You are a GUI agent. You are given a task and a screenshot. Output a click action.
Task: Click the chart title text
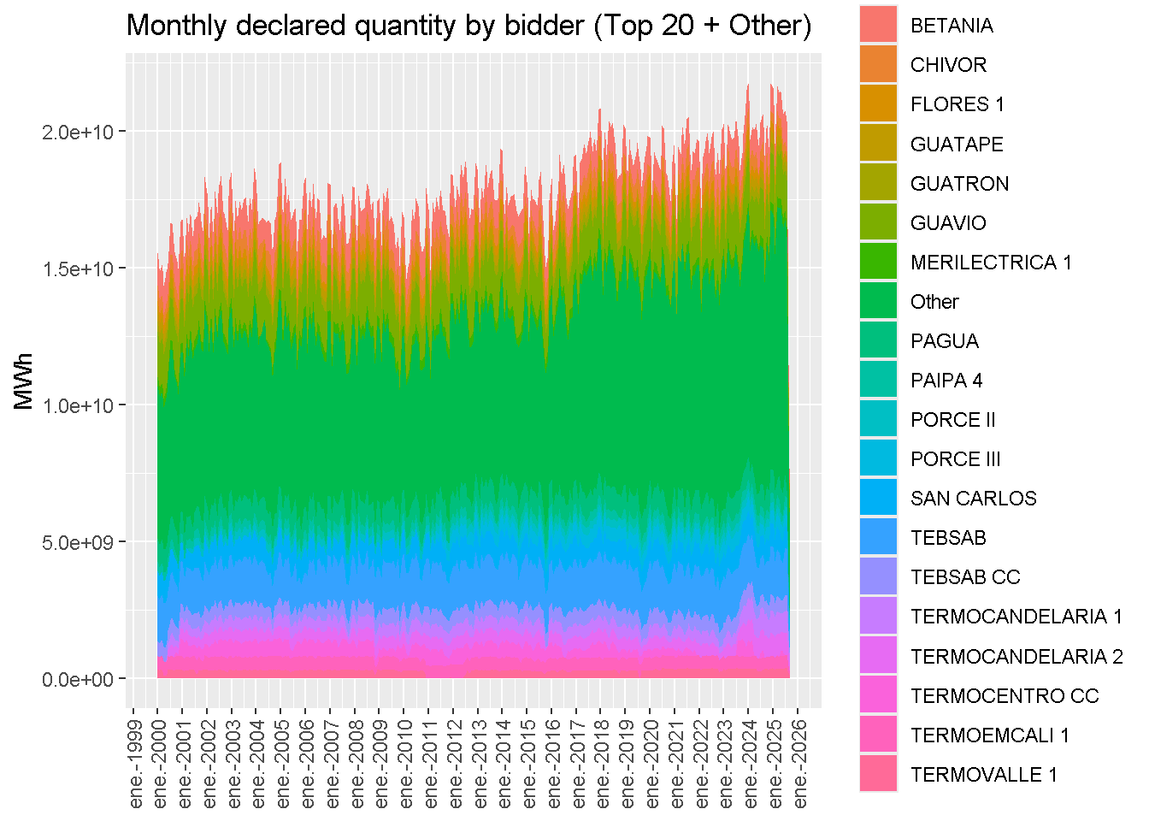468,26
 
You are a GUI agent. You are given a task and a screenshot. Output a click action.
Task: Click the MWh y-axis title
23,381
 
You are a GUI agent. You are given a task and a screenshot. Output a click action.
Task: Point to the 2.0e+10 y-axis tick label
78,132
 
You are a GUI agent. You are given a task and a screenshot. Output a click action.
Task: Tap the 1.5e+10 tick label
78,269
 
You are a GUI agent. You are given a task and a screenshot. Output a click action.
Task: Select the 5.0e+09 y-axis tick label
78,542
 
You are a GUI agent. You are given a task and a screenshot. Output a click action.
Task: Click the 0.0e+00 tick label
78,679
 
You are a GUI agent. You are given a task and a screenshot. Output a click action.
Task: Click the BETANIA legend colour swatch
878,25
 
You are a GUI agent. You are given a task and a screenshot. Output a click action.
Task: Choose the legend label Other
934,302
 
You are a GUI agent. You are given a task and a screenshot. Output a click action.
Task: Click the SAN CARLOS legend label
973,499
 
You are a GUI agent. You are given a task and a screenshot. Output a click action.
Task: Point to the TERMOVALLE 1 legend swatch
878,774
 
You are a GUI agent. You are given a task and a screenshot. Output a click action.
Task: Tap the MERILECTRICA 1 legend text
990,263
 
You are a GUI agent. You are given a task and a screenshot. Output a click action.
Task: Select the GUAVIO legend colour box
878,222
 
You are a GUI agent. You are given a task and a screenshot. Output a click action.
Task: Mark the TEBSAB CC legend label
965,577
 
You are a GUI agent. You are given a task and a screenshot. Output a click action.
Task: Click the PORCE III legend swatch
878,458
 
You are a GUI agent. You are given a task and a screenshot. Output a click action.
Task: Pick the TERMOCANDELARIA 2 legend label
1016,656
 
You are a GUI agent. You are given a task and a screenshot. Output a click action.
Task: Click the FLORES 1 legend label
957,104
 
